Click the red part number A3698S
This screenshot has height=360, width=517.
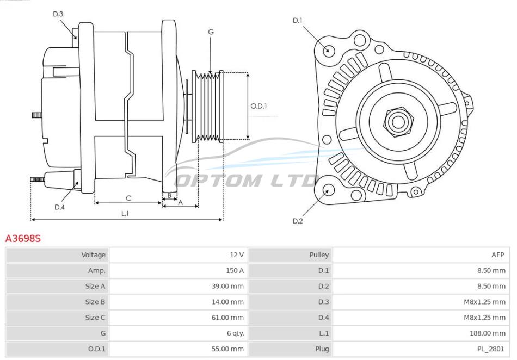pos(23,238)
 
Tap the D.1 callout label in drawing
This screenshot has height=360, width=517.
pos(298,21)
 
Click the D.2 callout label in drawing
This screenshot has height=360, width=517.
pos(298,221)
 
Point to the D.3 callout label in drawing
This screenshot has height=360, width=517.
pos(58,14)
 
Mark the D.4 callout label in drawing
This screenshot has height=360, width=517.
pos(60,207)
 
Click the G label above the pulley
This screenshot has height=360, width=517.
pos(211,32)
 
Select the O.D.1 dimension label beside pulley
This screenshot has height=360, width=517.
pos(258,106)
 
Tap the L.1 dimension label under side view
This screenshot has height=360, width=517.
pos(125,214)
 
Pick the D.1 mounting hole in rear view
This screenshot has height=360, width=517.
pos(328,50)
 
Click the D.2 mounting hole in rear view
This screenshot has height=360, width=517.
pos(328,190)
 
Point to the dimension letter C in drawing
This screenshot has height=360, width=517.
pos(128,198)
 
